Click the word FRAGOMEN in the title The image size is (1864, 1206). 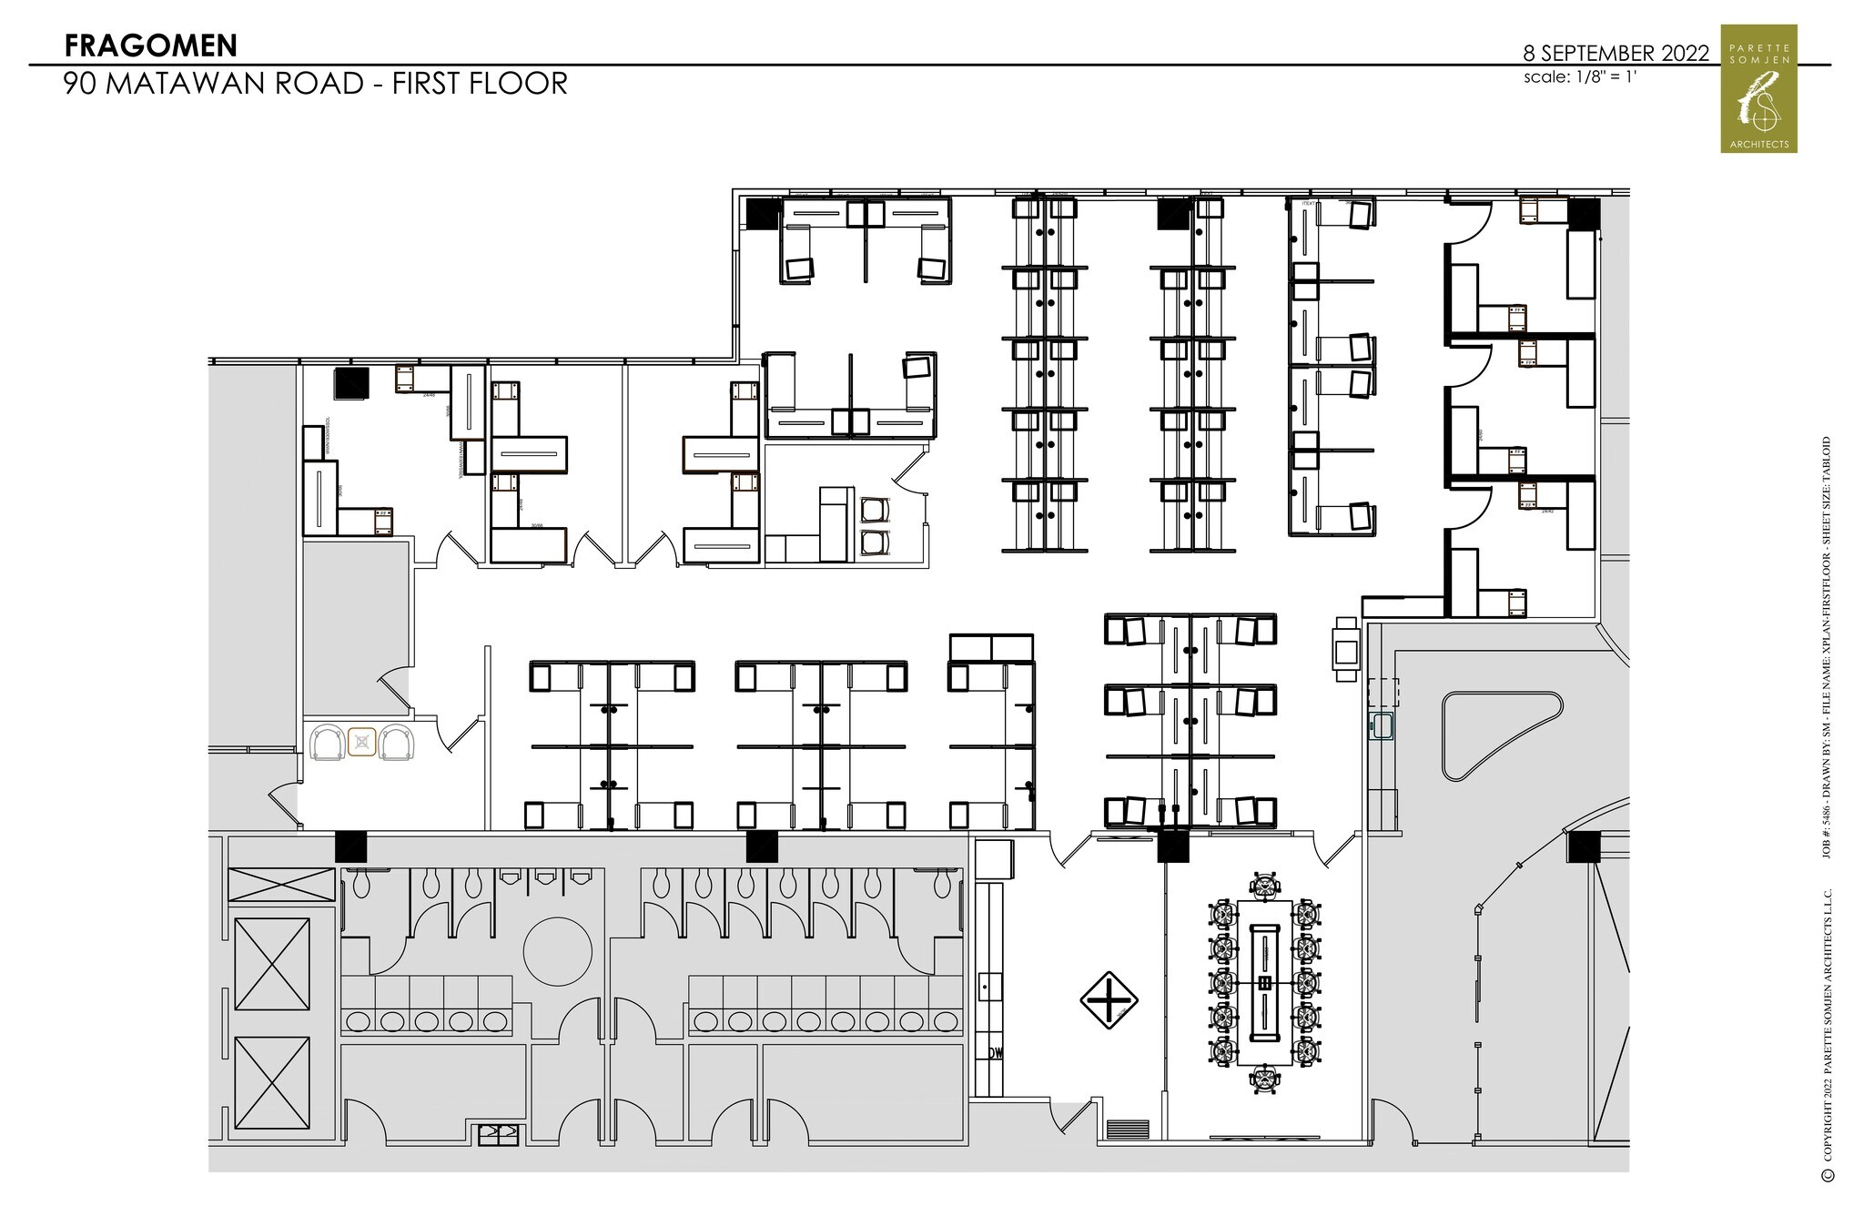151,45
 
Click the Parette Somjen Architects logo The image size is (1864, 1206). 1758,88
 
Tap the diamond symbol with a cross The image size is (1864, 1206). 1109,999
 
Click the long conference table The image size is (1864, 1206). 1265,983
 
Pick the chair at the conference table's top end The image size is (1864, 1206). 1265,883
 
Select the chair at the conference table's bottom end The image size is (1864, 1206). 1265,1080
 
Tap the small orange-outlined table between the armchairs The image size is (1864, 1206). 362,742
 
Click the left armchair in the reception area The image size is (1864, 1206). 328,742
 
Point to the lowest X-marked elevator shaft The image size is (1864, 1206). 272,1080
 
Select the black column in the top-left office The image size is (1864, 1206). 350,383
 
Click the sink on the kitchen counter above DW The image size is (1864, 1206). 989,986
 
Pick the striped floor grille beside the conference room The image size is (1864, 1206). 1127,1129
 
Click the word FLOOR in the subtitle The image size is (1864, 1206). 523,83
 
